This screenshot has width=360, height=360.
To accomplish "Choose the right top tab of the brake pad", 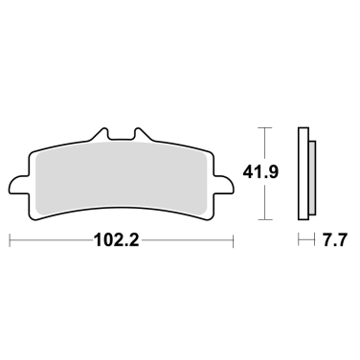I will click(x=137, y=135).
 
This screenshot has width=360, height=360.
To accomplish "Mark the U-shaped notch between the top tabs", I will click(x=123, y=137).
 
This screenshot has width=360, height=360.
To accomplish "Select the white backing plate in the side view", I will click(x=304, y=172).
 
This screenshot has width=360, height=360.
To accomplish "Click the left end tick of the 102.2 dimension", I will click(x=10, y=240).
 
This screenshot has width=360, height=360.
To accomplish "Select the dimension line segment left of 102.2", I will click(x=53, y=240).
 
